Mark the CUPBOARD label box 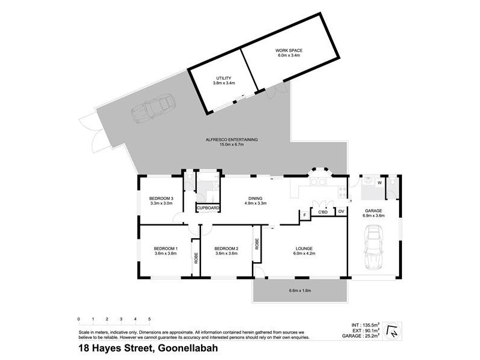[x=208, y=208]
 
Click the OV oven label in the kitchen [x=341, y=212]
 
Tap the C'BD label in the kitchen [x=322, y=212]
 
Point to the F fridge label [x=304, y=214]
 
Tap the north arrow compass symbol [x=393, y=331]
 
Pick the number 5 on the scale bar [x=149, y=319]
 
